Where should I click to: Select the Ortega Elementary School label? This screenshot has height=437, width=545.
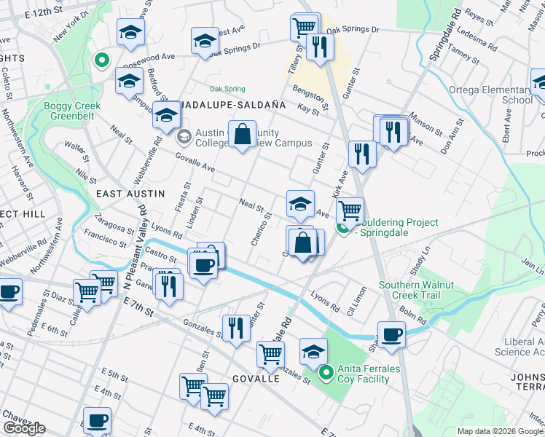tap(499, 95)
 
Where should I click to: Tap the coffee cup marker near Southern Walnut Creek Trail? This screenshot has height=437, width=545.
tap(391, 334)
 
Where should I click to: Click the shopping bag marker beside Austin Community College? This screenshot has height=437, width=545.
tap(242, 134)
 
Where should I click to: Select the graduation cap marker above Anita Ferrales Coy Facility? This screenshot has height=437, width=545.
tap(313, 352)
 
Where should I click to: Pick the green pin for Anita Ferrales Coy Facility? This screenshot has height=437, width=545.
tap(326, 374)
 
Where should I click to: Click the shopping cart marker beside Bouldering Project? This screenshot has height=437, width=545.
tap(350, 210)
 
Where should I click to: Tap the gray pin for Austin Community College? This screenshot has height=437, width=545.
tap(184, 135)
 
